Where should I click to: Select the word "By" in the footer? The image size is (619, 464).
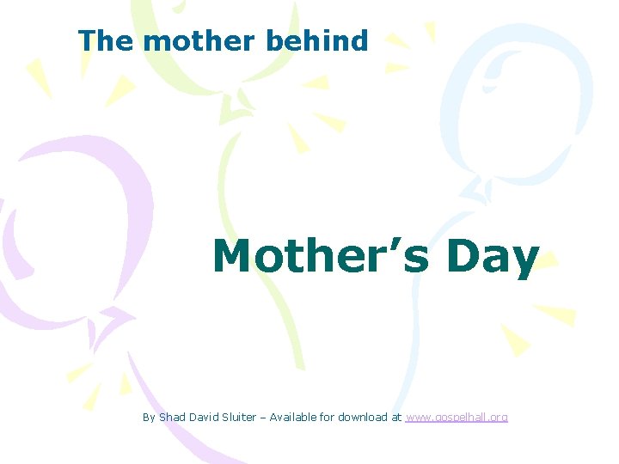[x=149, y=418]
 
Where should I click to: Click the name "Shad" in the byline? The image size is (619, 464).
[x=171, y=418]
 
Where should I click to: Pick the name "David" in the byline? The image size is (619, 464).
[x=202, y=418]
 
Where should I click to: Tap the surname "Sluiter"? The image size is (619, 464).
[x=239, y=418]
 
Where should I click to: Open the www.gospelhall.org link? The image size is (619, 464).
[x=456, y=418]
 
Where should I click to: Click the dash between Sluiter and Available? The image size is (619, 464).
[x=263, y=418]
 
